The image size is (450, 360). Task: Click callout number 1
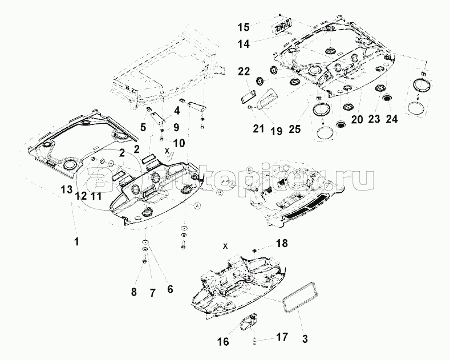tap(76, 242)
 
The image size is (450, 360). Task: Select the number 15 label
tap(244, 27)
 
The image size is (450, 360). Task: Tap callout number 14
tap(244, 44)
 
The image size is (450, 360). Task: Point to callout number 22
tap(244, 71)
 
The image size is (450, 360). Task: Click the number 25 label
tap(294, 129)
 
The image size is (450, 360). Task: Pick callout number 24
tap(391, 119)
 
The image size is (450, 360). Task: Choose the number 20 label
tap(357, 119)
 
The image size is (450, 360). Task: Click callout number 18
tap(282, 243)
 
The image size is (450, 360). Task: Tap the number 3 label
tap(305, 339)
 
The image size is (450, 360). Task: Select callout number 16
tap(223, 341)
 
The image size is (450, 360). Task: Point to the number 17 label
tap(282, 337)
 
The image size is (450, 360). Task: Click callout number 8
tap(134, 292)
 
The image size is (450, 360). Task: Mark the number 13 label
tap(66, 189)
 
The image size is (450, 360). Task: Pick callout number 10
tap(179, 143)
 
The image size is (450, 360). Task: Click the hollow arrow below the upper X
tap(171, 156)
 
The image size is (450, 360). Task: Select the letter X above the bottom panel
tap(226, 246)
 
